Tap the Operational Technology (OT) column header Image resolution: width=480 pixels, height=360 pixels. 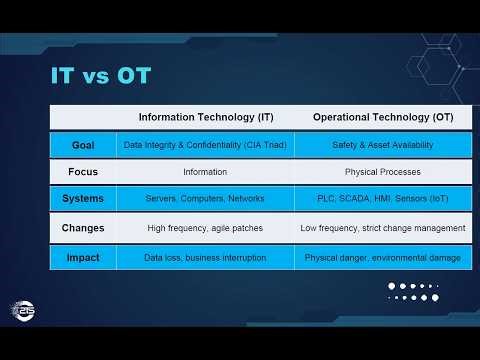click(x=383, y=117)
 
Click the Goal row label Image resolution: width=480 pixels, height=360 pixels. click(x=83, y=145)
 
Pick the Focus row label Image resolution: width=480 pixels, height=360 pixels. click(x=83, y=171)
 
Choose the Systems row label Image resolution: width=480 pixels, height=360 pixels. click(x=83, y=198)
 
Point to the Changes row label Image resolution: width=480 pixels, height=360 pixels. click(x=83, y=228)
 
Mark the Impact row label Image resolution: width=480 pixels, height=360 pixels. click(x=83, y=257)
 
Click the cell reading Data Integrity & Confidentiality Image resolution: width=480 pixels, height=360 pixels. click(x=204, y=145)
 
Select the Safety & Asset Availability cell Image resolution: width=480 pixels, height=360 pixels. click(x=383, y=145)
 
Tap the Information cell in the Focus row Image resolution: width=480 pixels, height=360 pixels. click(x=204, y=171)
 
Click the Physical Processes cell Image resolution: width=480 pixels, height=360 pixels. click(x=383, y=171)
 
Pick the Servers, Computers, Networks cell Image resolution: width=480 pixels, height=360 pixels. click(x=204, y=198)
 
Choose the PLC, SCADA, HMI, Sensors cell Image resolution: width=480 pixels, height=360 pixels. click(x=383, y=198)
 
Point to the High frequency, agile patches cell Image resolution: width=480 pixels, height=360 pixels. click(x=204, y=228)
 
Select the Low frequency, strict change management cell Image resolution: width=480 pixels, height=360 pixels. click(x=383, y=228)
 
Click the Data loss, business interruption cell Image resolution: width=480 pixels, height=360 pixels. click(x=204, y=257)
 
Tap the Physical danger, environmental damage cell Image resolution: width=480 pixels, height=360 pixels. click(x=383, y=257)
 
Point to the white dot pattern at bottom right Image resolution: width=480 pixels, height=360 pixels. click(x=413, y=291)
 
